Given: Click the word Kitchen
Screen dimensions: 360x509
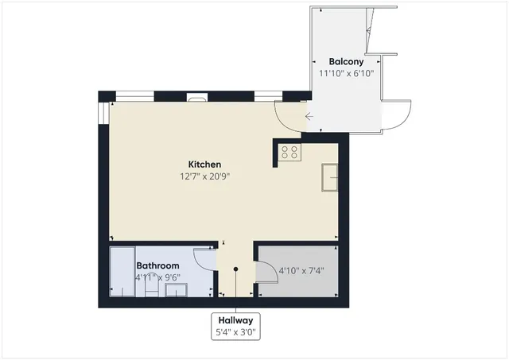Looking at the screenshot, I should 204,165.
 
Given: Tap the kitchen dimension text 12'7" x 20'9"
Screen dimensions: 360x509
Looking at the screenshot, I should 204,176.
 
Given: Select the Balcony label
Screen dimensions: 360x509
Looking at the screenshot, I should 346,61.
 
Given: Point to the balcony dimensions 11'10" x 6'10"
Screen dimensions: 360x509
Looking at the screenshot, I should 346,73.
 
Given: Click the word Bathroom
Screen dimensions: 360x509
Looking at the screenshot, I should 157,265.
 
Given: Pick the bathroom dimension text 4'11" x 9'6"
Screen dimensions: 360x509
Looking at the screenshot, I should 157,277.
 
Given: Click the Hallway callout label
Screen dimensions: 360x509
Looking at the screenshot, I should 235,320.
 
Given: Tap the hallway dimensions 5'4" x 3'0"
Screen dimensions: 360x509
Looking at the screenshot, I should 235,333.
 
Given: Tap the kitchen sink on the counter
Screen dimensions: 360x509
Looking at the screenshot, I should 331,177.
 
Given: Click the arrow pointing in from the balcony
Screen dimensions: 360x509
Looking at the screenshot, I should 309,118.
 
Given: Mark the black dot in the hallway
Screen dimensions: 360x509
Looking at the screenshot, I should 235,269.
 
